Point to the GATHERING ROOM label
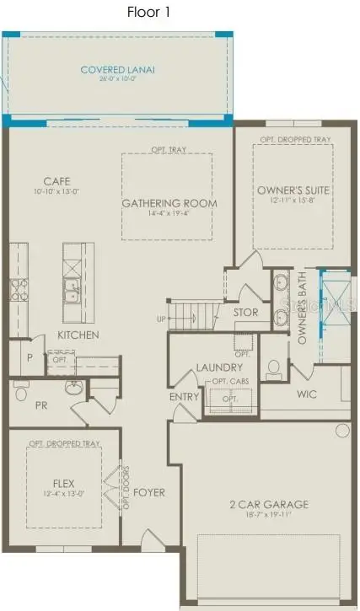click(x=169, y=203)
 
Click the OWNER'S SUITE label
click(x=293, y=190)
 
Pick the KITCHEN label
click(x=78, y=335)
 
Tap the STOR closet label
click(x=245, y=313)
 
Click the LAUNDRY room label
click(x=219, y=367)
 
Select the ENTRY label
click(x=184, y=397)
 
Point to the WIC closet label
click(x=305, y=394)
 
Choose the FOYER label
click(x=148, y=492)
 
